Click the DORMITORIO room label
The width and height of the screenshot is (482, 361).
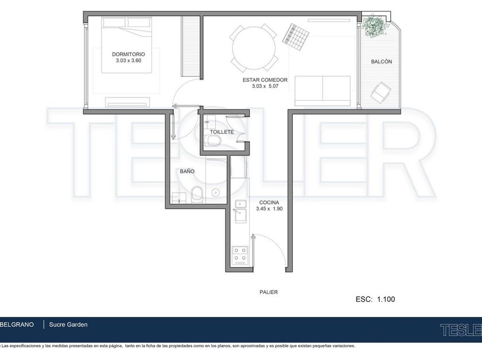(x=128, y=54)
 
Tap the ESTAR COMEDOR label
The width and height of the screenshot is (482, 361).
(x=265, y=80)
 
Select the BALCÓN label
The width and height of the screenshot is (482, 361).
(x=382, y=61)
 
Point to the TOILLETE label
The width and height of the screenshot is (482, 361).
(x=221, y=132)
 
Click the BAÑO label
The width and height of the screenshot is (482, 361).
(x=187, y=171)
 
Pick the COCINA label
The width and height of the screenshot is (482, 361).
(x=269, y=203)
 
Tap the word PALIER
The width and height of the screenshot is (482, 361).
(x=269, y=292)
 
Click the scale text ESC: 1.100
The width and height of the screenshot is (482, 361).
(x=375, y=299)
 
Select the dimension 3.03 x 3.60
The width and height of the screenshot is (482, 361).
(x=129, y=61)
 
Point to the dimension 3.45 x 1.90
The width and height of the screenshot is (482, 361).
(x=269, y=209)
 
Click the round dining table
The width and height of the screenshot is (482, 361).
(x=254, y=48)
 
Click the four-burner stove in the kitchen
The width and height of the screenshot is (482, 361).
(x=240, y=256)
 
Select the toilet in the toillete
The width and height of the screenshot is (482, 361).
(x=214, y=141)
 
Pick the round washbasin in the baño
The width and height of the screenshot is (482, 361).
(x=216, y=193)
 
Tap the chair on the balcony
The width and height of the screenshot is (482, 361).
(x=381, y=92)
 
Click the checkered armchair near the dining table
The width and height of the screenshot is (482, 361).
(x=296, y=37)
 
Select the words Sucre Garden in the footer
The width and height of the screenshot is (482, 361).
(x=68, y=324)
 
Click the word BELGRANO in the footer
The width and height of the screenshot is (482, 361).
(x=17, y=324)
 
